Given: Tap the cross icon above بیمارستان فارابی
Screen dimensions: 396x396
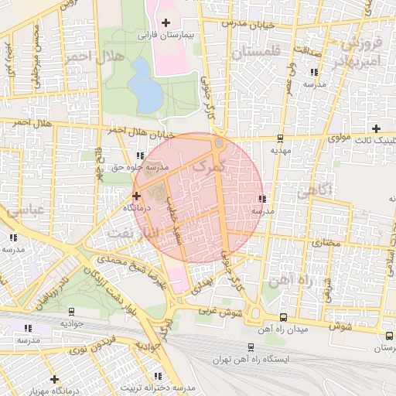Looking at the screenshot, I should (x=166, y=22).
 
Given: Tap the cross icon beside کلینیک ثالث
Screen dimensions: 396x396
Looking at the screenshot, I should (x=376, y=128).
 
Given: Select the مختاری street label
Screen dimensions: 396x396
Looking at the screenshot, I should (x=326, y=242).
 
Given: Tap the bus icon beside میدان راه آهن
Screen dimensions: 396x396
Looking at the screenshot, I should (x=283, y=317).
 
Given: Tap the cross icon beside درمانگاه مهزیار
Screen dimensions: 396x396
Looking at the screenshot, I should (x=54, y=378).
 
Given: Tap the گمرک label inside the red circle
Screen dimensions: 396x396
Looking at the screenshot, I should (x=209, y=165).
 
